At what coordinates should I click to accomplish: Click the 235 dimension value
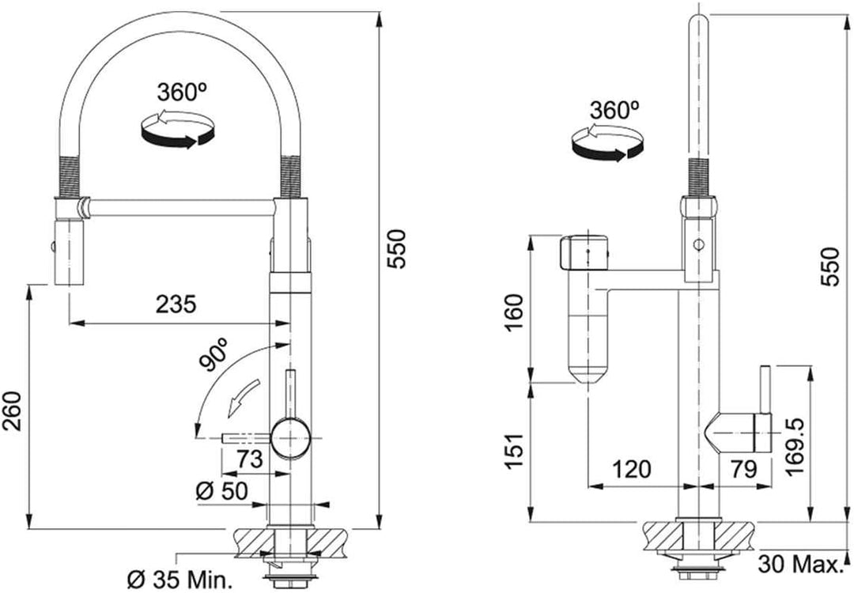point(176,304)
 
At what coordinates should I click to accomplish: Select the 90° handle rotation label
point(214,354)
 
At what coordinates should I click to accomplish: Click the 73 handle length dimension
point(250,459)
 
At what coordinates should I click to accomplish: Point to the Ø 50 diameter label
point(221,492)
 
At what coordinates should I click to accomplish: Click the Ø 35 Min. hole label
point(179,580)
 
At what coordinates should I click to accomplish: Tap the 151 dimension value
point(514,451)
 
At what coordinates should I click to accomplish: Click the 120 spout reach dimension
point(632,468)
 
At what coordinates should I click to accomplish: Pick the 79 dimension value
point(743,468)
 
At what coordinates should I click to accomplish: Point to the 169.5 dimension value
point(795,448)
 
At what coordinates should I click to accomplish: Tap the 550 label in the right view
point(830,266)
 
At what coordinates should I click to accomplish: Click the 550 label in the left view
point(396,249)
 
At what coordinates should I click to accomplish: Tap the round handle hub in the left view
point(291,438)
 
